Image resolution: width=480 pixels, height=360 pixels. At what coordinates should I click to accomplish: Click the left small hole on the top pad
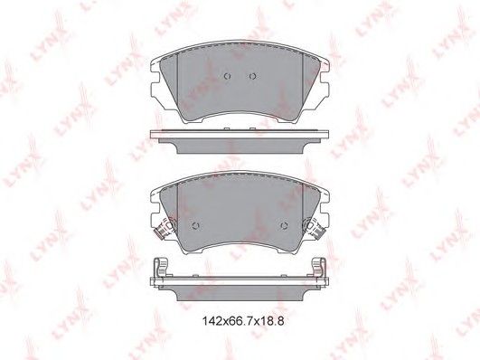(228, 76)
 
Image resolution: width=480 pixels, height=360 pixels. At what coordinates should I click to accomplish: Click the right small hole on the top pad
(252, 76)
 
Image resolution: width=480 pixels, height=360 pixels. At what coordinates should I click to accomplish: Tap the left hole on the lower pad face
(196, 226)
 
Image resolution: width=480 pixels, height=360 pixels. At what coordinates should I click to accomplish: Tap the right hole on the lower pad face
(284, 226)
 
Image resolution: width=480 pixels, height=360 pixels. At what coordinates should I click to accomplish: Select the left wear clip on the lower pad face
(165, 228)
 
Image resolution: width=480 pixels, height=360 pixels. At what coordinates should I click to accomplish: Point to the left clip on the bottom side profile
(162, 267)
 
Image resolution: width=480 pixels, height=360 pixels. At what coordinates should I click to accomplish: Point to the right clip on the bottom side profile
(319, 267)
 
